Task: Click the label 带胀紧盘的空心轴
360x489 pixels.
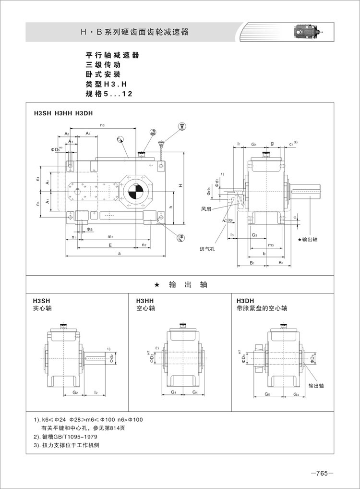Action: [x=262, y=308]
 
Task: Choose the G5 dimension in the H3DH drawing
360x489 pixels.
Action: [x=267, y=394]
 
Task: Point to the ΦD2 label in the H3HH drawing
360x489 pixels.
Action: [x=152, y=358]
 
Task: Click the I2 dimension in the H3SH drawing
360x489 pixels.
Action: [x=96, y=392]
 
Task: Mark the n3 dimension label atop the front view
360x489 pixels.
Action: [x=103, y=125]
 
